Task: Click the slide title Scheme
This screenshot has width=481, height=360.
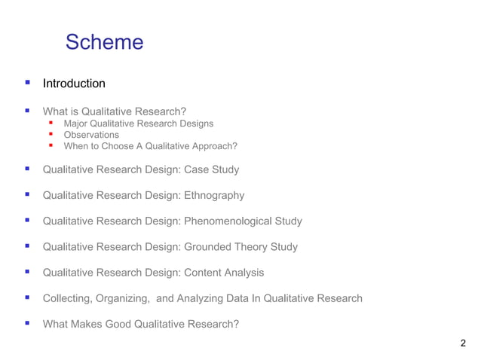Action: tap(104, 42)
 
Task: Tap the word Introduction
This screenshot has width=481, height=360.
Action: tap(74, 84)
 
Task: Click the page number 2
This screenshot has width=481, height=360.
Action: tap(462, 343)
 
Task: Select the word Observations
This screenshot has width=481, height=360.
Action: tap(91, 135)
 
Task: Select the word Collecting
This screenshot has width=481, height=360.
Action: tap(68, 298)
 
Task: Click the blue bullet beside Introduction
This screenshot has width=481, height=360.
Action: tap(27, 83)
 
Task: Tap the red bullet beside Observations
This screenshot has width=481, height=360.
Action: tap(51, 134)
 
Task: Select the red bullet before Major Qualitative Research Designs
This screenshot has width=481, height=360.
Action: tap(51, 123)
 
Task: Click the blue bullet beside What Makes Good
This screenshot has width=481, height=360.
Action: tap(27, 323)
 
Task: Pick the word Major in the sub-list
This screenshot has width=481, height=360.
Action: tap(76, 124)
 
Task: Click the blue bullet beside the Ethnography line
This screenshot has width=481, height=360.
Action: tap(27, 195)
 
